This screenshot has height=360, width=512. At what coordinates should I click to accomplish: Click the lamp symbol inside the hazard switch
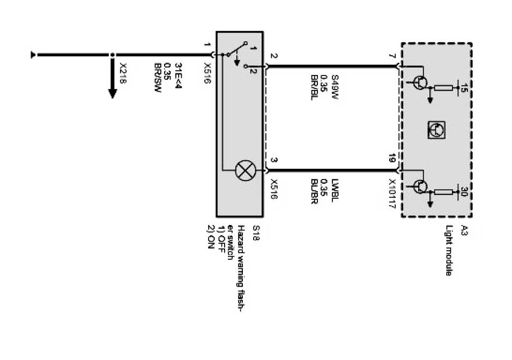(244, 171)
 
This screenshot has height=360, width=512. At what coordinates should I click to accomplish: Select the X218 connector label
(123, 70)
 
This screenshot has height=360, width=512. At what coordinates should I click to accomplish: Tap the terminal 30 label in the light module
(464, 192)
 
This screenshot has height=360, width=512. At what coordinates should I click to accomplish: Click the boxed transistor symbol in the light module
(437, 129)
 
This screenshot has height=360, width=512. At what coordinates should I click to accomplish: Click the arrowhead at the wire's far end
(34, 54)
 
